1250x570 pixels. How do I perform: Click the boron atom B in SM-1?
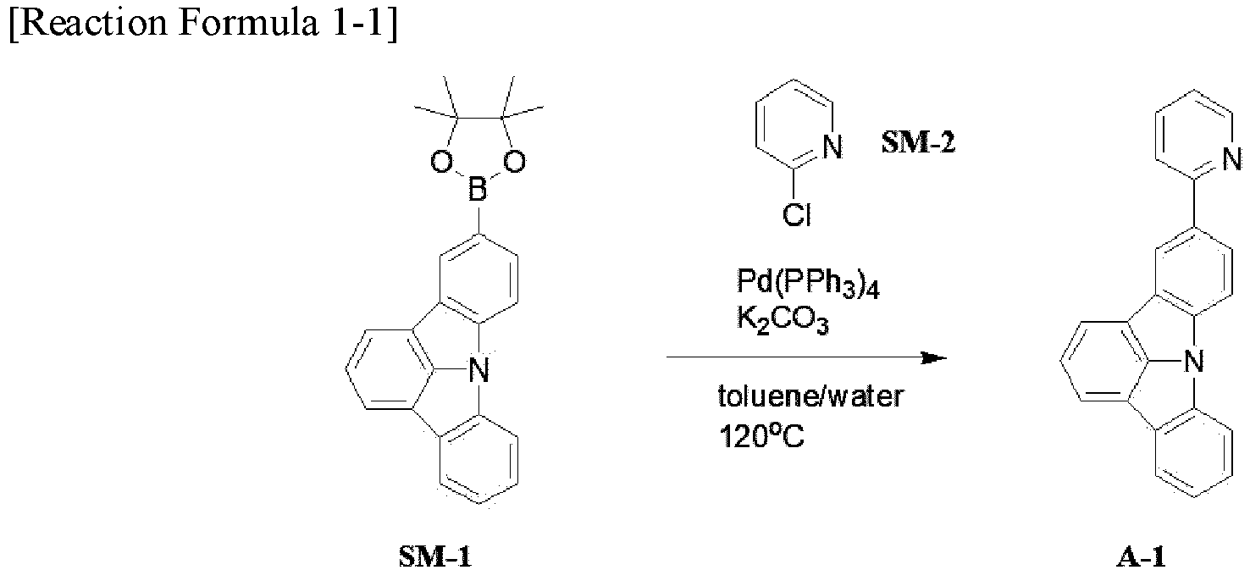478,189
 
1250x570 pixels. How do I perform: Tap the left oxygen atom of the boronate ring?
441,162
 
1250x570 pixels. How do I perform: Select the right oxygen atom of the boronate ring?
514,162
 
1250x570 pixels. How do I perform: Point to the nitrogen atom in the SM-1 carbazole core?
478,369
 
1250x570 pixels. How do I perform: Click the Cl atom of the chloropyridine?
797,214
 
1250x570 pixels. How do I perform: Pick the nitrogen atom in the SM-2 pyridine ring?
832,147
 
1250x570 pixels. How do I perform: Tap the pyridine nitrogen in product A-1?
1231,159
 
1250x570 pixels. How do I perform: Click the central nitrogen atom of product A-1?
1193,361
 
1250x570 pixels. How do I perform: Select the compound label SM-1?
434,556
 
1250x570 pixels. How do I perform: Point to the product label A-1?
1142,556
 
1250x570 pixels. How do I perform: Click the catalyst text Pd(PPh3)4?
807,284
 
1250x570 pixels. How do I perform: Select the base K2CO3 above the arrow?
783,320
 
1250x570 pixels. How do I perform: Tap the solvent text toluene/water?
810,396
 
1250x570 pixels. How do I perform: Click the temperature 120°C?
761,436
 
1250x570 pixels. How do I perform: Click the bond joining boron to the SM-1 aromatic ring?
478,218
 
